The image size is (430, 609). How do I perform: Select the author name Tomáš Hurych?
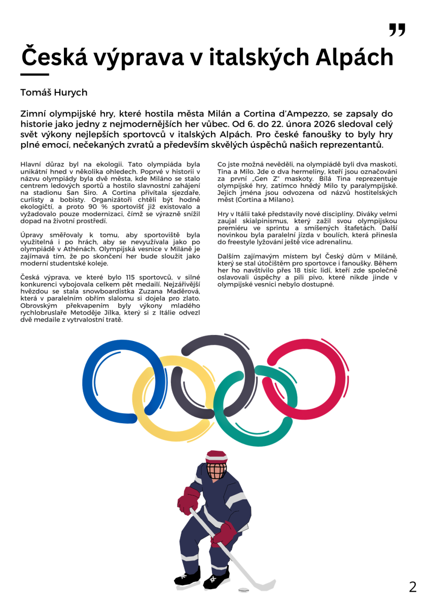(x=54, y=92)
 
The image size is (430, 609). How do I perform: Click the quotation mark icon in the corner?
(x=397, y=30)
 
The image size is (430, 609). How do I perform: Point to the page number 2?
(x=413, y=587)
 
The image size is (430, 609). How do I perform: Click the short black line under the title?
(x=34, y=75)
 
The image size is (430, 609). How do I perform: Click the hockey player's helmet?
(x=216, y=457)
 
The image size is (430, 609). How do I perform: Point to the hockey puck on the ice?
(x=244, y=590)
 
